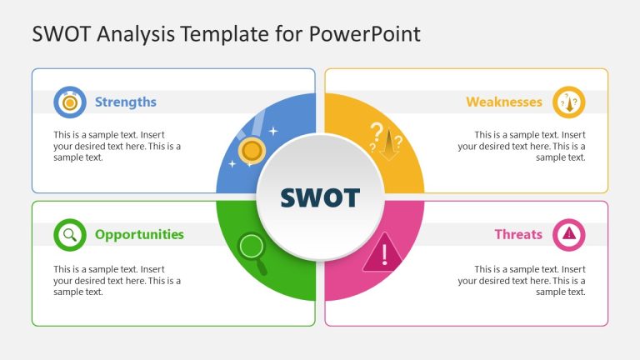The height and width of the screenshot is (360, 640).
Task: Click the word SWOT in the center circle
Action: tap(320, 197)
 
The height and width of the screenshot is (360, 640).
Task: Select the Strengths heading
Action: tap(125, 102)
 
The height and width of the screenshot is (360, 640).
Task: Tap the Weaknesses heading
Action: tap(503, 102)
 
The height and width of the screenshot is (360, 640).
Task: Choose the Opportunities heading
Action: tap(139, 234)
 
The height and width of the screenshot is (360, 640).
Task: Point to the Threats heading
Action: tap(518, 234)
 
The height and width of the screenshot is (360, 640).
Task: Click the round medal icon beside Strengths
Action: tap(70, 102)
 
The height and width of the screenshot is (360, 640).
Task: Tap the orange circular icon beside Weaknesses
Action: tap(569, 102)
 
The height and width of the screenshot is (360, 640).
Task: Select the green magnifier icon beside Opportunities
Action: tap(70, 234)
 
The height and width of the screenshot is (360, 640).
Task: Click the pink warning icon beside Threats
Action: tap(569, 234)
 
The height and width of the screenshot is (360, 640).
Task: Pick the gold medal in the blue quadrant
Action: tap(252, 151)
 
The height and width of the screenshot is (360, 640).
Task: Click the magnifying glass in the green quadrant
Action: tap(253, 250)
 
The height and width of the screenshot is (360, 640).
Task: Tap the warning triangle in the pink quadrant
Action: tap(383, 252)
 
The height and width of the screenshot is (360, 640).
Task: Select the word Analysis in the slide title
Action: tap(131, 34)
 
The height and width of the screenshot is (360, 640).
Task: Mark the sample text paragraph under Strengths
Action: tap(117, 146)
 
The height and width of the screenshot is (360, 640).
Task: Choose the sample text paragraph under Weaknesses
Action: tap(522, 146)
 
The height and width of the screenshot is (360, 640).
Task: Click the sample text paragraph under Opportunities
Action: tap(117, 280)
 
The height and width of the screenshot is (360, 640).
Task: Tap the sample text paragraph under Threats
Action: tap(522, 280)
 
